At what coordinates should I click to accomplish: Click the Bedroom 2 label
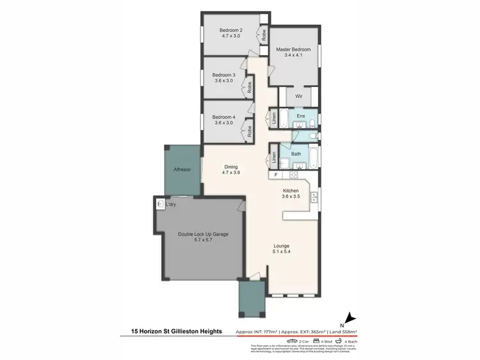click(231, 33)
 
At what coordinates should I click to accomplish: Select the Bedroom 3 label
click(224, 78)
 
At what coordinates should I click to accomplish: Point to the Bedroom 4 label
click(224, 120)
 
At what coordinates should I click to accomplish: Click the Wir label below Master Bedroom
click(298, 97)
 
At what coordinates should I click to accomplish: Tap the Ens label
click(300, 116)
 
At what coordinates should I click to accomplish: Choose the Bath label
click(296, 153)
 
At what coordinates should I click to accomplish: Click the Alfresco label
click(184, 169)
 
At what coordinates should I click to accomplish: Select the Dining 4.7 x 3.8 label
click(230, 170)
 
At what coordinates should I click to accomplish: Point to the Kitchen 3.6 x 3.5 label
click(291, 194)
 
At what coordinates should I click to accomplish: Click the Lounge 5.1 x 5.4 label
click(282, 248)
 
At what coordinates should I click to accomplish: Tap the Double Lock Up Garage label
click(203, 237)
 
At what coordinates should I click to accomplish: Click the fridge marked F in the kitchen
click(276, 175)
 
